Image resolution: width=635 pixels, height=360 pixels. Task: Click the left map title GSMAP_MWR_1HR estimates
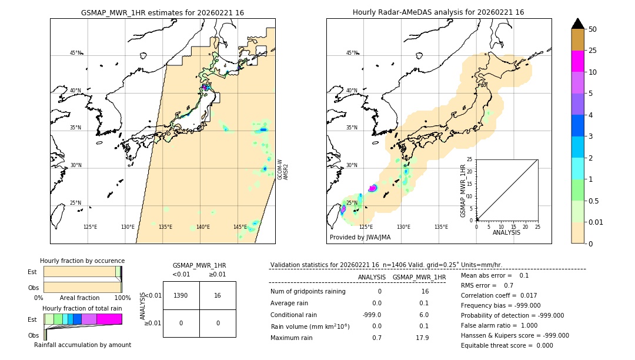162,12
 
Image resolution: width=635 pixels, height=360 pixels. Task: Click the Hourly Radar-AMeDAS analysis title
438,12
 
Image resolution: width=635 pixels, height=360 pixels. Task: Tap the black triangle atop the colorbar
578,24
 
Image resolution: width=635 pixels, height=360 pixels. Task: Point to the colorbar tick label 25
593,51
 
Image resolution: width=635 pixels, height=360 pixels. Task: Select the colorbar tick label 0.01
596,222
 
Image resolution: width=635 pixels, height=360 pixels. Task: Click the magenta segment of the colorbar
578,61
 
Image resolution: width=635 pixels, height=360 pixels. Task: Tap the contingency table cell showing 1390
181,295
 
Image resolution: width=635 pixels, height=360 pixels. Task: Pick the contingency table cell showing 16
218,295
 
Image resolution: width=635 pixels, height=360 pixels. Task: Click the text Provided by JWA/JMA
360,237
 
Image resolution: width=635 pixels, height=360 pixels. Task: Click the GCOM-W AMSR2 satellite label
283,169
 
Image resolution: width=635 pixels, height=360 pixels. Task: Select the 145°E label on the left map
240,227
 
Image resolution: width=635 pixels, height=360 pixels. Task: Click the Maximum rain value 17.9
422,338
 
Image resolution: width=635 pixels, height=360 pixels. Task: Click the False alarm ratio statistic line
492,325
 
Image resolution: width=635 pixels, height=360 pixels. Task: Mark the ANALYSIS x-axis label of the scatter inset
507,232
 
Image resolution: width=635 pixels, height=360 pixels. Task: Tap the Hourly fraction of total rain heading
82,308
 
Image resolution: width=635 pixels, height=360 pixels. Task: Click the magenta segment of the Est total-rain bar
109,319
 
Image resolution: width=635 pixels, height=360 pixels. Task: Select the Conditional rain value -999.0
372,315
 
